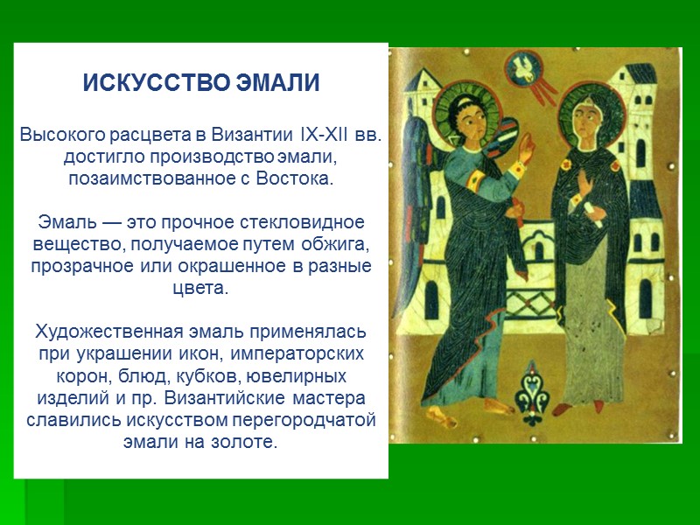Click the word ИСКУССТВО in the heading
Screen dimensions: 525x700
coord(157,85)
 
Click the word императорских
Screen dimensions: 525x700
coord(304,354)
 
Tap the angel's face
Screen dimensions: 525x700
coord(466,111)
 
